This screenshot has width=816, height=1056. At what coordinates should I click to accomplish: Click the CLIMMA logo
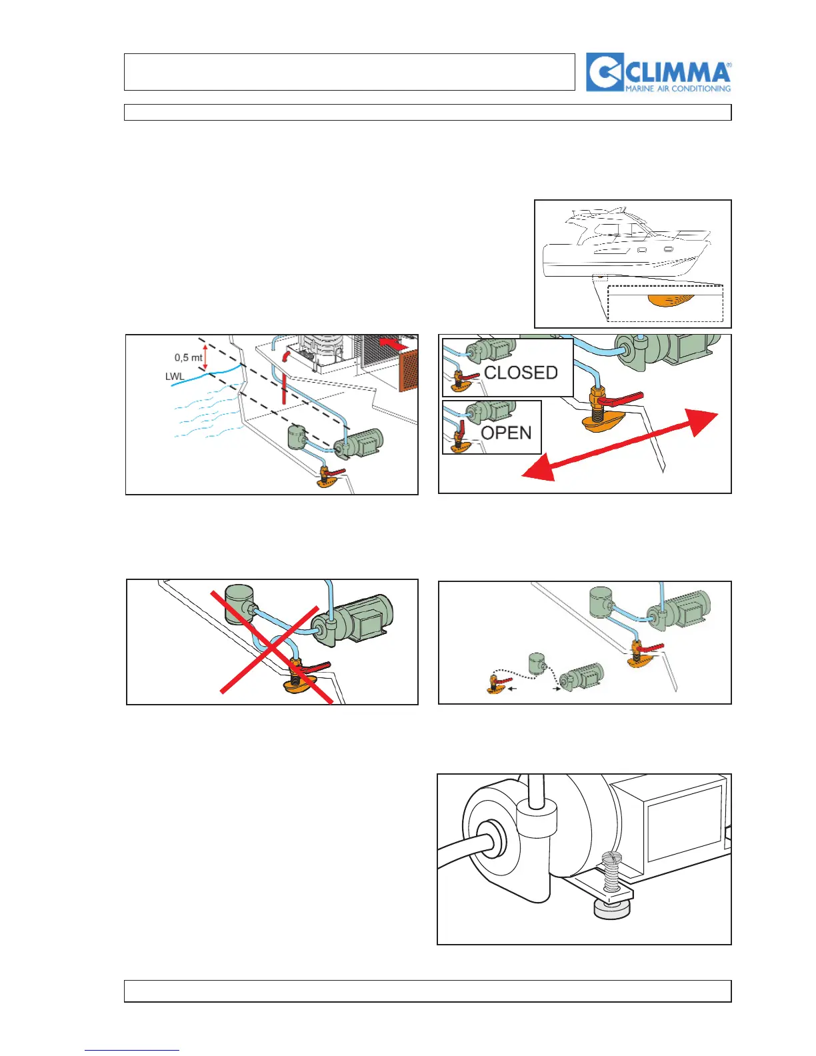click(x=659, y=72)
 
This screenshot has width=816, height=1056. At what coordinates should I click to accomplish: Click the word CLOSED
click(x=521, y=373)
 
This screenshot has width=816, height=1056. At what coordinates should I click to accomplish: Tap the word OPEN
click(x=506, y=433)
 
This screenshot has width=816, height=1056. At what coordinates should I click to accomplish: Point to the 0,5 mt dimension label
click(x=188, y=358)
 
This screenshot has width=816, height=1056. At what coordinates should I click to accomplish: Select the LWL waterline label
click(x=175, y=377)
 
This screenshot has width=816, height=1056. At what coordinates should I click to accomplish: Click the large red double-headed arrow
click(x=619, y=445)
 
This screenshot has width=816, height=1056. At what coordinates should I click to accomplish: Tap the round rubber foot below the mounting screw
click(x=611, y=910)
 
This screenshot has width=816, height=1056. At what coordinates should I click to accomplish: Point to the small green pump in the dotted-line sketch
click(x=581, y=679)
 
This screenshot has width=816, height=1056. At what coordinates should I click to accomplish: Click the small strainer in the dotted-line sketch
click(x=537, y=665)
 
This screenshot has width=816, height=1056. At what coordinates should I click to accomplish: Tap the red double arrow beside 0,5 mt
click(x=205, y=357)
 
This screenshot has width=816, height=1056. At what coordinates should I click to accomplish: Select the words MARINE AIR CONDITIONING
click(x=677, y=88)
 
